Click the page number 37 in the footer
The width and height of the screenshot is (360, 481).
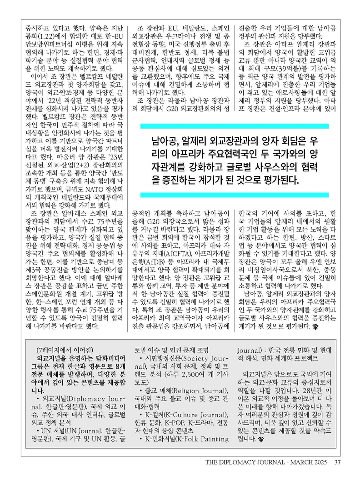point(337,463)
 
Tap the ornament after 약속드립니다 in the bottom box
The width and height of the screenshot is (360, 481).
point(261,440)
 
